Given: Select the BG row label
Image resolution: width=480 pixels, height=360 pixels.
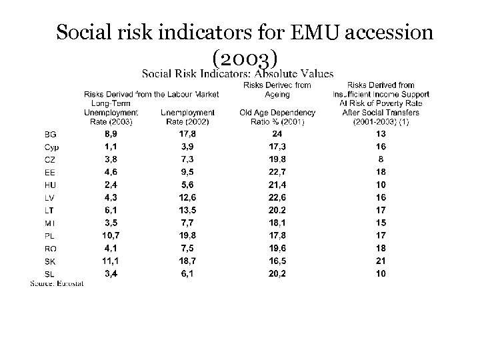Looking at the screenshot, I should click(x=50, y=135).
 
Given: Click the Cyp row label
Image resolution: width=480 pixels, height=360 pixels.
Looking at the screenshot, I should click(x=51, y=147).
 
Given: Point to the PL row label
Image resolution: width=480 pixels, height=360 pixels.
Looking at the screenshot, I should click(x=50, y=235).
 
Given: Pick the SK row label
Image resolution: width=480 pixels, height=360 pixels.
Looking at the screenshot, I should click(x=50, y=260).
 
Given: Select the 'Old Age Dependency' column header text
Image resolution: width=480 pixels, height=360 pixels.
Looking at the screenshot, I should click(x=277, y=113).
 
